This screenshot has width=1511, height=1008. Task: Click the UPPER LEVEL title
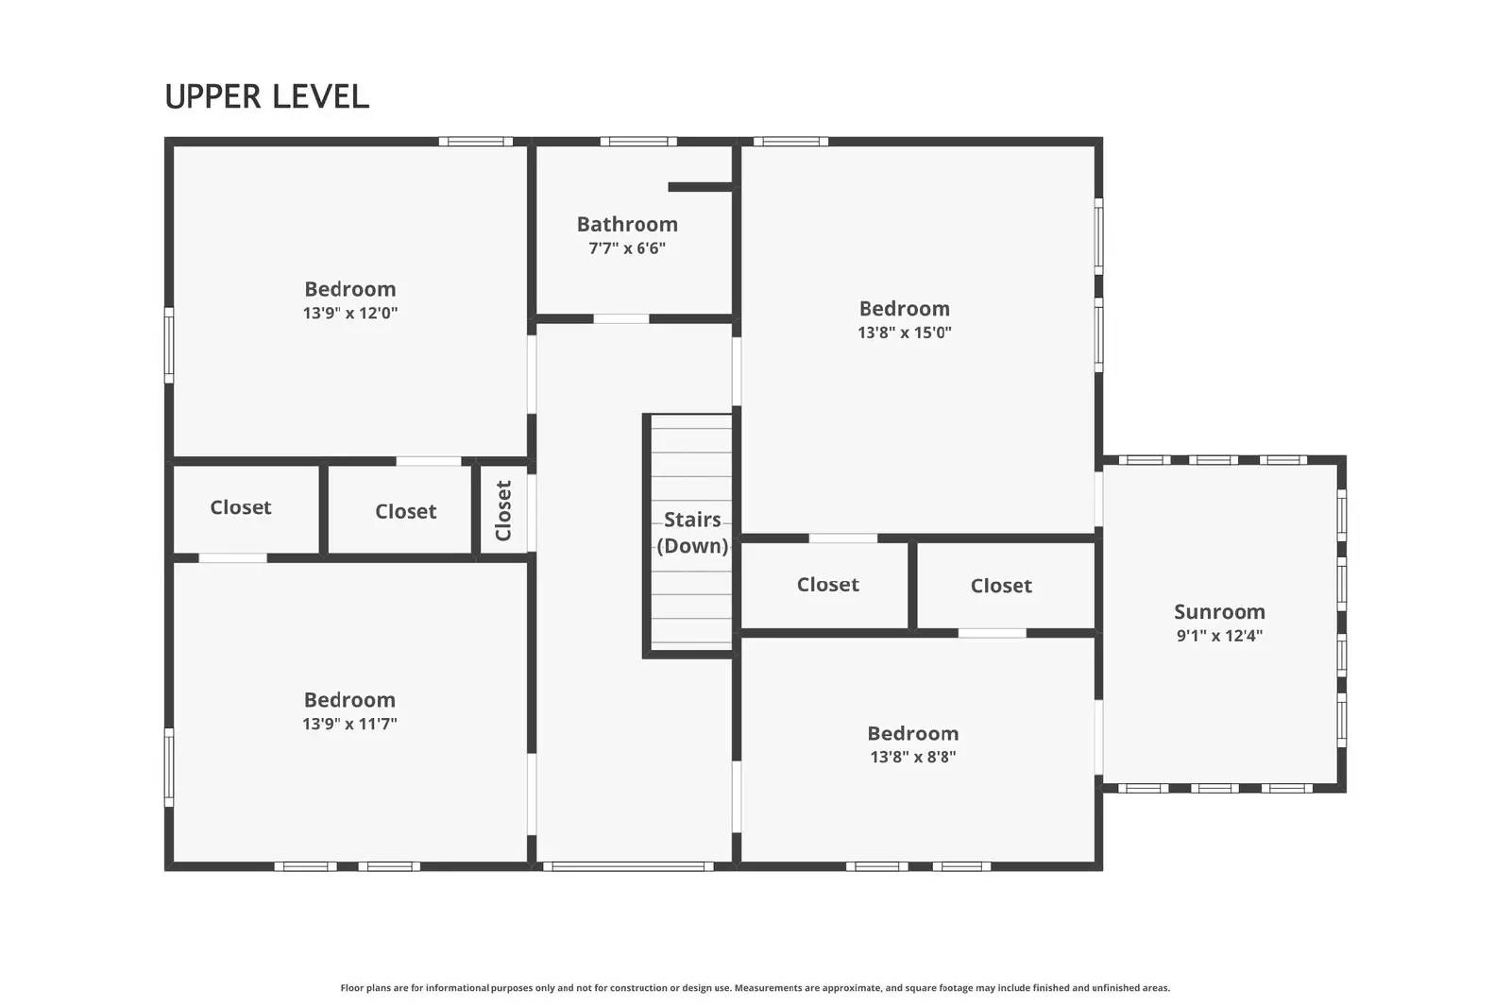pos(266,97)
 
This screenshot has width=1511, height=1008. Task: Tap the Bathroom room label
pos(627,224)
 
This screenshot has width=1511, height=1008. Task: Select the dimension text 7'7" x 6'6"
pos(627,248)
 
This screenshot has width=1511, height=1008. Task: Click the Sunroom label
pos(1219,611)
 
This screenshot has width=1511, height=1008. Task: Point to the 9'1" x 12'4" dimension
pos(1219,636)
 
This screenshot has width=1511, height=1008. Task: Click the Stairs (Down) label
pos(692,533)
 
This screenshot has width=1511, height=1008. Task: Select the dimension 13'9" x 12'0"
pos(350,314)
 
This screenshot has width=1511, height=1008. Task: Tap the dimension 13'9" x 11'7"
pos(349,725)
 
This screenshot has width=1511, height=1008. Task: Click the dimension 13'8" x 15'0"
pos(905,333)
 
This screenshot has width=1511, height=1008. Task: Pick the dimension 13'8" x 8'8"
pos(913,757)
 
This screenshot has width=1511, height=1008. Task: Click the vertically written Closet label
pos(503,511)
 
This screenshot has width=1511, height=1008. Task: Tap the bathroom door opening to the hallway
pos(621,319)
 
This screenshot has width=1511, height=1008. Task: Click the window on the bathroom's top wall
pos(638,142)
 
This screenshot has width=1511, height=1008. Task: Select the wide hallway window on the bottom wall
pos(628,866)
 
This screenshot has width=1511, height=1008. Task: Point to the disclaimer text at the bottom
pos(755,988)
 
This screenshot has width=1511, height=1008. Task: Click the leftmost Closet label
pos(240,507)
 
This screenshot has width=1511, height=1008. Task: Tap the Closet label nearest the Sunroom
pos(1001,586)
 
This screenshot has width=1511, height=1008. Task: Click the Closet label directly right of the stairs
pos(827,585)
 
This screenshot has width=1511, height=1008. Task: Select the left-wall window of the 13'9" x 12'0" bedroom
pos(169,345)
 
